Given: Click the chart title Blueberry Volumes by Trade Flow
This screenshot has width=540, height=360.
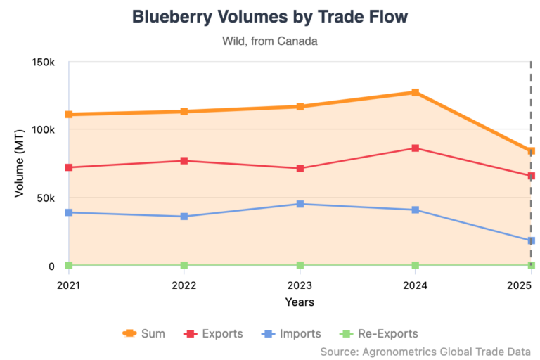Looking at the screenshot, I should [270, 17].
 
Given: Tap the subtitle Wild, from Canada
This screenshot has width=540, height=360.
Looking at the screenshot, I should [270, 41].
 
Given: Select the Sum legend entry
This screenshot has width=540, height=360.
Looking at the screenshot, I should [144, 333].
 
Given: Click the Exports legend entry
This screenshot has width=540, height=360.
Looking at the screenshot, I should [214, 333].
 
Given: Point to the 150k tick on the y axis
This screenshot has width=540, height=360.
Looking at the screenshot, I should [44, 62].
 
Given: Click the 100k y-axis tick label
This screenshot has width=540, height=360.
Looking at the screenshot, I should [44, 130].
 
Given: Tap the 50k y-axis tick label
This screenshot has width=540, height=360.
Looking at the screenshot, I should [46, 198].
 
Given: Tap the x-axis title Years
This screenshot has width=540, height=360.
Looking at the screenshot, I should [300, 302].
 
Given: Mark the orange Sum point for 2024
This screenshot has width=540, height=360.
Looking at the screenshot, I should [416, 92].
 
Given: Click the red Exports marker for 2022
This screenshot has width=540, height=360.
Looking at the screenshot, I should [184, 161].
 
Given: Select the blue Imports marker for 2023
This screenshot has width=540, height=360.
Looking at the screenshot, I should [300, 204].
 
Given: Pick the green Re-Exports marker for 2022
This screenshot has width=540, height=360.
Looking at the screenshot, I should [184, 265].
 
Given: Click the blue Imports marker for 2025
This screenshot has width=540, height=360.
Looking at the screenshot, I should [532, 240].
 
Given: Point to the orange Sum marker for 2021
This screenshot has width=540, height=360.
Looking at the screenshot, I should [69, 114].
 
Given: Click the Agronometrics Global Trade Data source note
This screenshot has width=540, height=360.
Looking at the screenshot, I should [425, 351].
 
